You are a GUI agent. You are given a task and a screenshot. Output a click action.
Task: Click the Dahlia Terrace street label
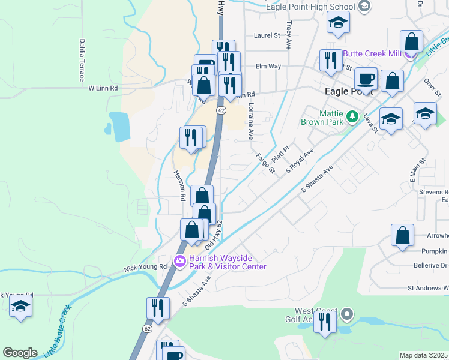(x=81, y=60)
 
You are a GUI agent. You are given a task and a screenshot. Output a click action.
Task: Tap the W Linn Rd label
(x=103, y=88)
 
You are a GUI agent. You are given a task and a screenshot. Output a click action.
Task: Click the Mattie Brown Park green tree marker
(x=354, y=116)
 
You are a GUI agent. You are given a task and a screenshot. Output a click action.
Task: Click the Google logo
(x=20, y=353)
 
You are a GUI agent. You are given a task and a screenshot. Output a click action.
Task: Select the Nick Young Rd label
(x=145, y=266)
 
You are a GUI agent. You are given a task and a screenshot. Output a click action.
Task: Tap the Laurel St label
(x=267, y=35)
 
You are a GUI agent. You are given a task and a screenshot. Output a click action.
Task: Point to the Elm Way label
(x=268, y=66)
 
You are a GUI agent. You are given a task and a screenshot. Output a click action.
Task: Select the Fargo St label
(x=265, y=163)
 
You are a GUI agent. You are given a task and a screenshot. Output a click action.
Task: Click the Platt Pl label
(x=280, y=152)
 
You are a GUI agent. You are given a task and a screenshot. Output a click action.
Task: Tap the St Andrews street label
(x=427, y=288)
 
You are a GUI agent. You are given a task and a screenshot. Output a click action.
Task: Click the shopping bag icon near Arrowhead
(x=402, y=236)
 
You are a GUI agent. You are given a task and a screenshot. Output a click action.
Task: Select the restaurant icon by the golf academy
(x=325, y=323)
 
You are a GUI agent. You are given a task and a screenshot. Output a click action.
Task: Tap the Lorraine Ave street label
(x=251, y=120)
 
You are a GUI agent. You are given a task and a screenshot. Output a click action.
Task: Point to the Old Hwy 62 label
(x=214, y=236)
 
